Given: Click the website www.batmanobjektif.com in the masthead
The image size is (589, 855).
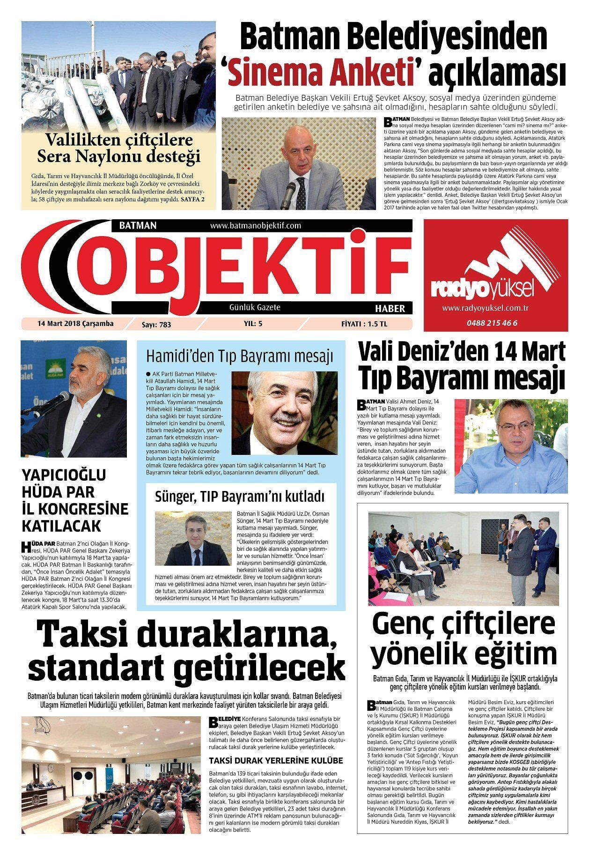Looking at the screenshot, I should [x=255, y=226].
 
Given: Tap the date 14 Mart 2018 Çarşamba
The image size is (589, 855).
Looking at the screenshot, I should [x=75, y=324].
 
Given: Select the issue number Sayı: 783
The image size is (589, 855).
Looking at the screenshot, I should [x=156, y=324].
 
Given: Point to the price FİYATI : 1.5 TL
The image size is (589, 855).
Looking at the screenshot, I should [x=364, y=324].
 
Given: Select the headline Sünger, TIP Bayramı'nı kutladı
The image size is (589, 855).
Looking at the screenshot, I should [x=240, y=497].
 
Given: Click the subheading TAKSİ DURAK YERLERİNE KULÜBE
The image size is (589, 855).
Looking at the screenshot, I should [x=276, y=760].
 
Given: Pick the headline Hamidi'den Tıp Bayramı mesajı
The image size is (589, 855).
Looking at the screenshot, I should [x=239, y=356].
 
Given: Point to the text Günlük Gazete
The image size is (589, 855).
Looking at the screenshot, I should [x=255, y=307].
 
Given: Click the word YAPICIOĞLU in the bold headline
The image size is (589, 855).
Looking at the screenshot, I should [x=64, y=475].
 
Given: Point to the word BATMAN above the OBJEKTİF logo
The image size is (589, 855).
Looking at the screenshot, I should [x=138, y=225].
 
